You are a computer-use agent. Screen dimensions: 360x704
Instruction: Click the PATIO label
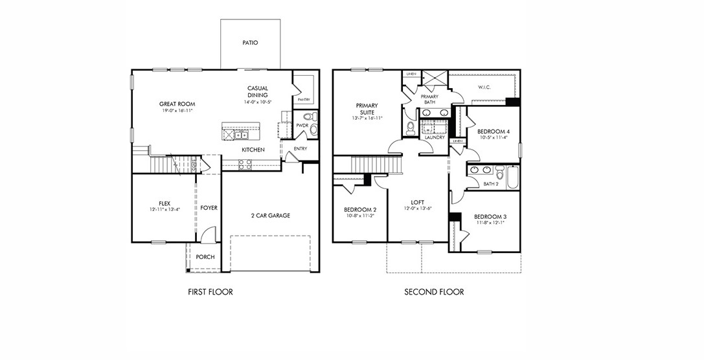coord(250,43)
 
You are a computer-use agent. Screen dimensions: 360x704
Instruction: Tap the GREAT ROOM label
coord(177,104)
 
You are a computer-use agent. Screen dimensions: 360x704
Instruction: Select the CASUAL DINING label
coord(257,92)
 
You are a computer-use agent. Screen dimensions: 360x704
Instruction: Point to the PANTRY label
coord(303,100)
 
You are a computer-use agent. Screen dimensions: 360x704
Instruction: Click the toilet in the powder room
coord(313,117)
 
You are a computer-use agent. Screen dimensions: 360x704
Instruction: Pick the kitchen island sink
coord(240,135)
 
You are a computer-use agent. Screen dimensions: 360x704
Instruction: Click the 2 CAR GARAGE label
coord(270,216)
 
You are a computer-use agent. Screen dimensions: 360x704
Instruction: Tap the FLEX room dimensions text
coord(164,210)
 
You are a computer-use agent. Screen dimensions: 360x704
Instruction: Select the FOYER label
coord(209,208)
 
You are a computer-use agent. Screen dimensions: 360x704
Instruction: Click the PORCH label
coord(205,257)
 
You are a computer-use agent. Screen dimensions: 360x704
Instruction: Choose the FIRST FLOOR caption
coord(210,292)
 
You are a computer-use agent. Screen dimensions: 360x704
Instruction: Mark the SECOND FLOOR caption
coord(434,292)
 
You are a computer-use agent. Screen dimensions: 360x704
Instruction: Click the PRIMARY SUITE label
coord(367,109)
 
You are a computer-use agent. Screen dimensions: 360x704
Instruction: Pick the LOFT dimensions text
coord(417,208)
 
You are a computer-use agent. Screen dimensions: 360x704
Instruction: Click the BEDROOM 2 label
coord(360,210)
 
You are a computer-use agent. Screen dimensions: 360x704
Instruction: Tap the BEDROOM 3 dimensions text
coord(489,223)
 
